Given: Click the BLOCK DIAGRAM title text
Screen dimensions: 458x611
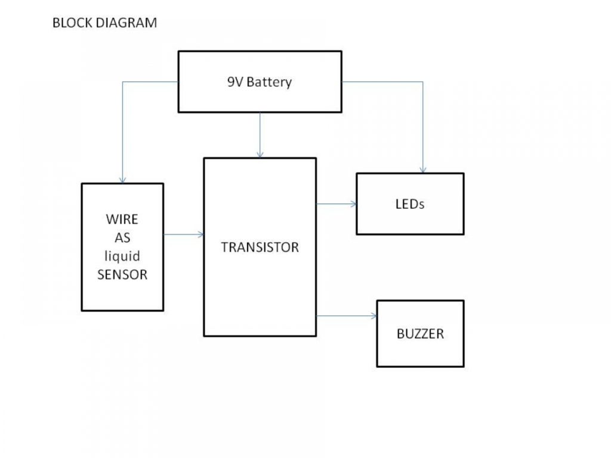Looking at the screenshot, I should pyautogui.click(x=105, y=23).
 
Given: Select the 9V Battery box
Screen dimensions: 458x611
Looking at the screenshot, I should pyautogui.click(x=260, y=82).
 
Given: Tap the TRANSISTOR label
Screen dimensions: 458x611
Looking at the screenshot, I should pyautogui.click(x=260, y=247).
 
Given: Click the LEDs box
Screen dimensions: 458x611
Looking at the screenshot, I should pyautogui.click(x=409, y=203).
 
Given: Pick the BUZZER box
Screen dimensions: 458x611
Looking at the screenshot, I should pyautogui.click(x=420, y=333).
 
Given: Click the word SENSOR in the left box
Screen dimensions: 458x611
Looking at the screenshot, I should pyautogui.click(x=122, y=276).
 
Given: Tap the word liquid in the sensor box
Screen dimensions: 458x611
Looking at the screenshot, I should pyautogui.click(x=122, y=256).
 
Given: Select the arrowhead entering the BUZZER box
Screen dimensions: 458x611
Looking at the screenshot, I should pyautogui.click(x=374, y=316).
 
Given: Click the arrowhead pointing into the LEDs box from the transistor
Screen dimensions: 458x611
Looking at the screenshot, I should pyautogui.click(x=353, y=204).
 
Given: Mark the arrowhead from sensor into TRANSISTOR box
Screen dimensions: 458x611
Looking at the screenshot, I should pyautogui.click(x=200, y=234).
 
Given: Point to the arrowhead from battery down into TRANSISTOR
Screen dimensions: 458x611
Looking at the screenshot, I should pyautogui.click(x=260, y=154).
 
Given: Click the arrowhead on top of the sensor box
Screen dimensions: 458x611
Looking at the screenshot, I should pyautogui.click(x=122, y=180).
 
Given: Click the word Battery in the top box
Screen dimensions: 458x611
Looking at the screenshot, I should pyautogui.click(x=269, y=82).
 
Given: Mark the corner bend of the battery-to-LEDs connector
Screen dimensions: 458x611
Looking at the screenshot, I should pyautogui.click(x=423, y=82).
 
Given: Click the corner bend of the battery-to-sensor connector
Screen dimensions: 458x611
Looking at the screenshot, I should pyautogui.click(x=122, y=82).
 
